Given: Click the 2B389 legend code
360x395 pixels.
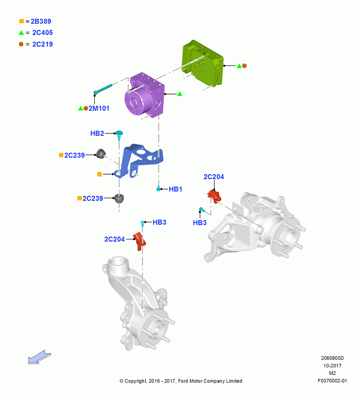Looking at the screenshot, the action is pyautogui.click(x=41, y=21).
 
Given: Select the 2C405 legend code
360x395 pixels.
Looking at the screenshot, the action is pyautogui.click(x=43, y=33).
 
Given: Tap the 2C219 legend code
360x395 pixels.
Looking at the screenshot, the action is pyautogui.click(x=43, y=44).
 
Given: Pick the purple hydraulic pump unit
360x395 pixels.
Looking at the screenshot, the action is pyautogui.click(x=145, y=95).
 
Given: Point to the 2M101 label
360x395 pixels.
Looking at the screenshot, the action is pyautogui.click(x=99, y=109).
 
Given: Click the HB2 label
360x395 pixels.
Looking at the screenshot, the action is pyautogui.click(x=97, y=134).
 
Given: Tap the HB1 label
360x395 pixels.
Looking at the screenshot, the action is pyautogui.click(x=176, y=189).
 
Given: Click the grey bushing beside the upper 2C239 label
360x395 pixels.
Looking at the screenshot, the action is pyautogui.click(x=101, y=154).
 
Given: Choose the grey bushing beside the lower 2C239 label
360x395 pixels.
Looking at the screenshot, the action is pyautogui.click(x=119, y=199).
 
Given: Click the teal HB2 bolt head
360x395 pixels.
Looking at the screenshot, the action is pyautogui.click(x=119, y=133).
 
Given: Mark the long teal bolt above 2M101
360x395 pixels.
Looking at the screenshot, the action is pyautogui.click(x=103, y=89).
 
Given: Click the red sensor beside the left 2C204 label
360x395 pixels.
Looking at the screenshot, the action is pyautogui.click(x=139, y=241).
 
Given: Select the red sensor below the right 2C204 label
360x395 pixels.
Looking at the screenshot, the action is pyautogui.click(x=214, y=196).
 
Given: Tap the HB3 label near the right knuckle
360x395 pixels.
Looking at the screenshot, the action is pyautogui.click(x=200, y=223).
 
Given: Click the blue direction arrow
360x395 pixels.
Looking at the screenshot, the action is pyautogui.click(x=39, y=357).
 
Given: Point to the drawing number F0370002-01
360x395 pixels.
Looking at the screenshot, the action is pyautogui.click(x=332, y=381).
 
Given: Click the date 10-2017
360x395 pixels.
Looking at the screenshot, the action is pyautogui.click(x=332, y=366).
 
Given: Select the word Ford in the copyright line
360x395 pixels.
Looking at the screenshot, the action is pyautogui.click(x=184, y=381).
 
